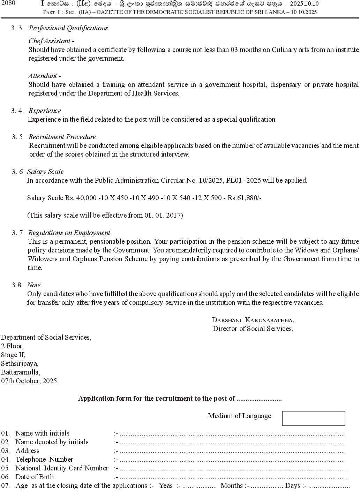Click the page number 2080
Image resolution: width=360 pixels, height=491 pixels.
[8, 3]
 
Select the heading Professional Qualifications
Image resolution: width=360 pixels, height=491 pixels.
[68, 28]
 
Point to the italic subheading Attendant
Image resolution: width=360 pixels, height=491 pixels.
[44, 76]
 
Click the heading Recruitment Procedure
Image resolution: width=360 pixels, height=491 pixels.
[62, 137]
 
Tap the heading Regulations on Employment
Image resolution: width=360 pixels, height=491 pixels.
[69, 233]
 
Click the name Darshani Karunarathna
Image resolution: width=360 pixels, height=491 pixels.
[253, 320]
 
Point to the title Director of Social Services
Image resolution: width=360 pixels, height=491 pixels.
[253, 328]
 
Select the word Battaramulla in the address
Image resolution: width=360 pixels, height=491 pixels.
[20, 372]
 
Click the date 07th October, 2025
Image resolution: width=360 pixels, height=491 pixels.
[30, 381]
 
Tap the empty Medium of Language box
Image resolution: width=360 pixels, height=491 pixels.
[313, 418]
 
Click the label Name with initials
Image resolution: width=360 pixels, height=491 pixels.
[42, 433]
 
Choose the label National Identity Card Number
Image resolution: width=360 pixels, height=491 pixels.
[62, 468]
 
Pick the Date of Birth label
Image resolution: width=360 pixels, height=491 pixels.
[35, 477]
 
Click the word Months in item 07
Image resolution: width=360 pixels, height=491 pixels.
[232, 485]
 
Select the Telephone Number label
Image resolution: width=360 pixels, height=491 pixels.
[44, 459]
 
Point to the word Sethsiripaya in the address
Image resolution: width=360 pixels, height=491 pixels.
[20, 363]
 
